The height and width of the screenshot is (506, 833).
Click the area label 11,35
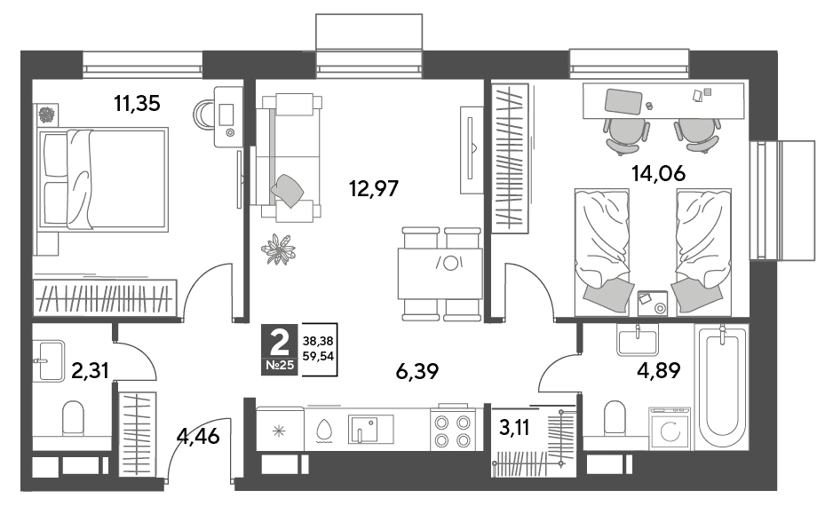pos(137,103)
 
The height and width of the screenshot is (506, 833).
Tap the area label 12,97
pos(374,188)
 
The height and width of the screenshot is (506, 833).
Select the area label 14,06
pos(658,173)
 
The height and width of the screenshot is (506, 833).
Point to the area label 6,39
pos(417,372)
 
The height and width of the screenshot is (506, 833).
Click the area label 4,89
pos(658,370)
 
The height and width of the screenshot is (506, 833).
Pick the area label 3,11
pos(514,426)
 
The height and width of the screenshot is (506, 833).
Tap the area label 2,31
pos(90,370)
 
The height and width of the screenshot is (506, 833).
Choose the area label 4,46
pos(198,437)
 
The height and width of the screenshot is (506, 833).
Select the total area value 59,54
pos(318,356)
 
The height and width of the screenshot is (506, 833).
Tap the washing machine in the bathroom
pos(670,429)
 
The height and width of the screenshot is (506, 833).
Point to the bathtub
pos(721,387)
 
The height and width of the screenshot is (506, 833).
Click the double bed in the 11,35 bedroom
pos(103,179)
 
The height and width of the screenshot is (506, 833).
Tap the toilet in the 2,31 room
pos(74,417)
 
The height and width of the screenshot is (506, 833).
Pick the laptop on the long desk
pos(623,101)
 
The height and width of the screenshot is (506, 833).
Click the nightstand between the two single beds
pos(652,304)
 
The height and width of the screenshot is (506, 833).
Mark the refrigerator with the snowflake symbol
pos(280,430)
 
